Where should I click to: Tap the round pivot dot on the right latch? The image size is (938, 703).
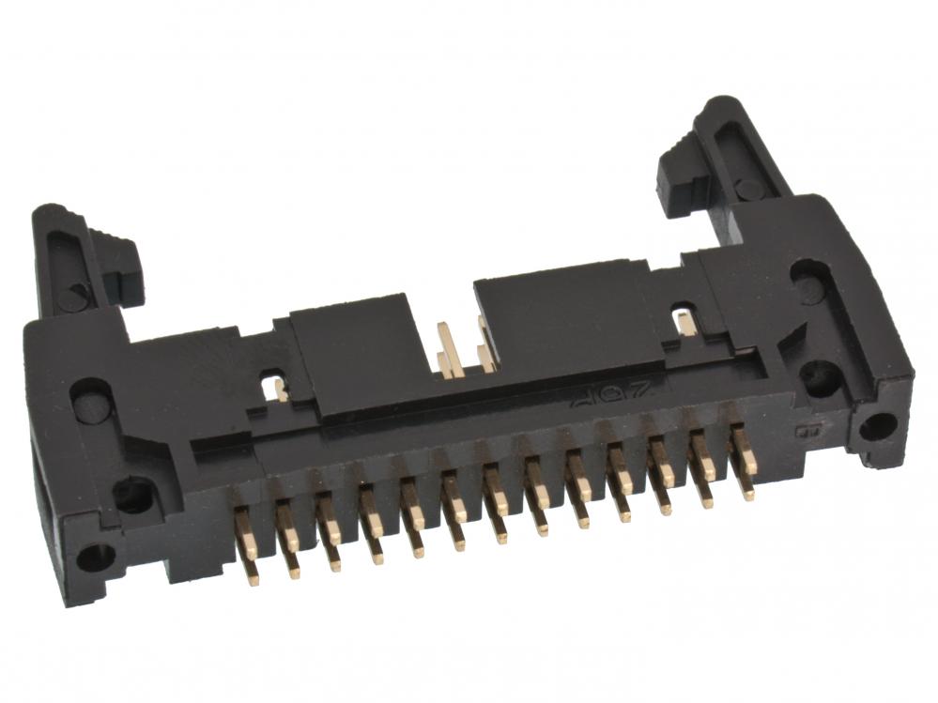point(749,190)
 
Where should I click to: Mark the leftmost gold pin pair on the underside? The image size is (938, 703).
point(246,544)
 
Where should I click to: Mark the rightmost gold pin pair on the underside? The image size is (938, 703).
point(743,460)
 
